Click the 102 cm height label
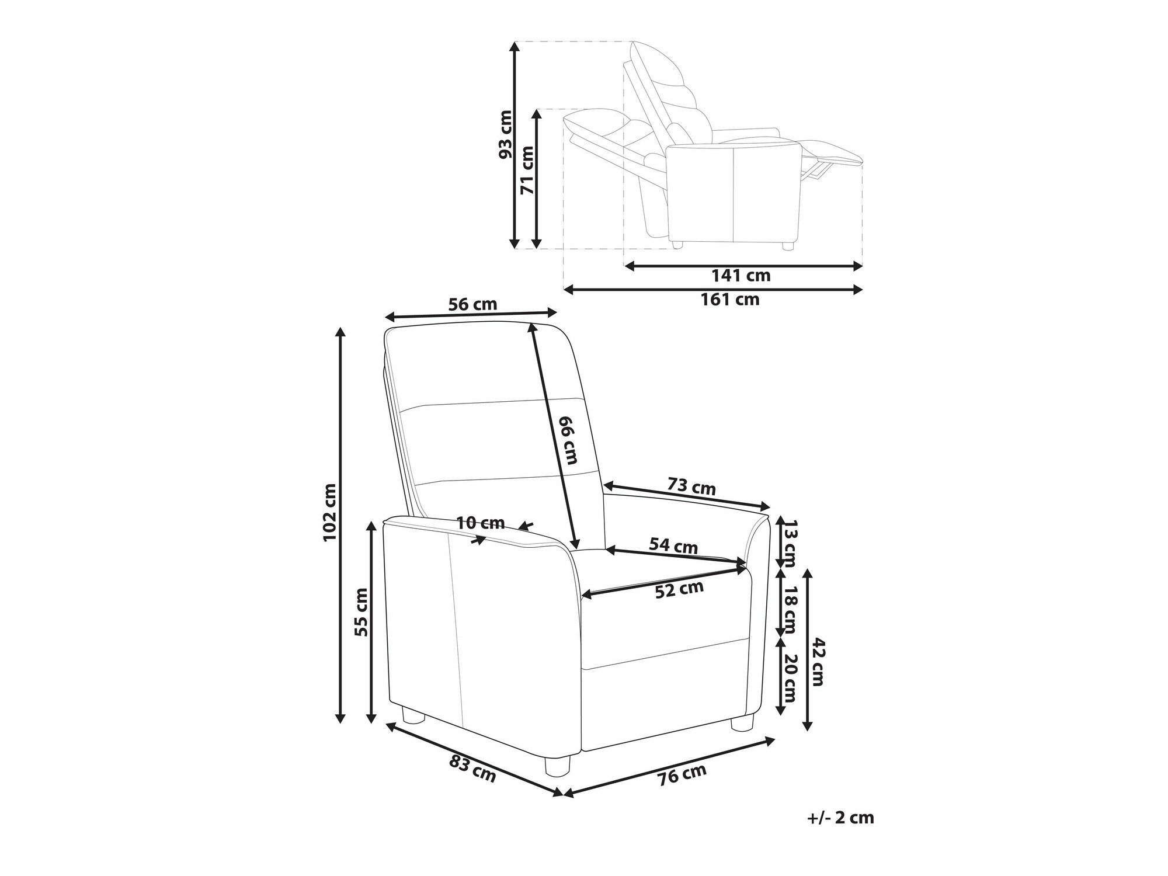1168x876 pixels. click(x=329, y=512)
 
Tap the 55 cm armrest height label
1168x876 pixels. click(x=361, y=611)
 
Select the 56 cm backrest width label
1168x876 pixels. click(x=472, y=304)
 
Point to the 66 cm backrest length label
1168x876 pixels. click(x=568, y=440)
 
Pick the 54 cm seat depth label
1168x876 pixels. click(x=673, y=546)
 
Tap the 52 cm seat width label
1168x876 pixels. click(x=679, y=589)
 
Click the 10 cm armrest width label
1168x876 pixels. click(x=481, y=523)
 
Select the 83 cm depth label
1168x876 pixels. click(x=472, y=769)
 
